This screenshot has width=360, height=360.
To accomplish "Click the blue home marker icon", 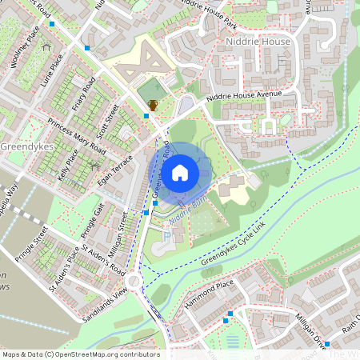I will pos(180,171).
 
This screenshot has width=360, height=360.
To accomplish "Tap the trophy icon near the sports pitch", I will pos(153,104).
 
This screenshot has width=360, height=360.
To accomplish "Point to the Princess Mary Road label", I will pos(76,137).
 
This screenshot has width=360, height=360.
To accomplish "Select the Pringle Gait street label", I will pos(94,222).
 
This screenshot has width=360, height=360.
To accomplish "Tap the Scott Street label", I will pos(106,121).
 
